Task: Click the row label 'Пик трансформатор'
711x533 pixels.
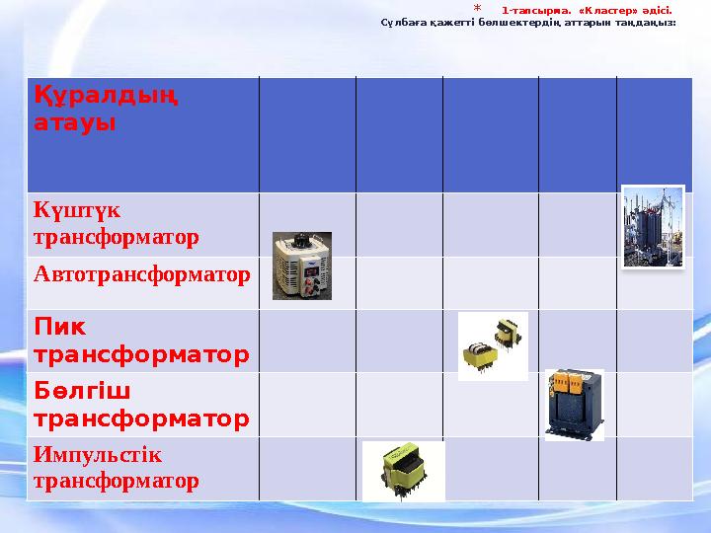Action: tap(140, 340)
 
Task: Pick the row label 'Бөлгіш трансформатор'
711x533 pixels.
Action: tap(140, 405)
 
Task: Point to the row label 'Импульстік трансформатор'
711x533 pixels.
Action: tap(115, 468)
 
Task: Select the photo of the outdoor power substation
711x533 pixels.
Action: tap(652, 227)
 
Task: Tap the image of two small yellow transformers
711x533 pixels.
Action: tap(493, 345)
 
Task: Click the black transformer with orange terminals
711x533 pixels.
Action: tap(574, 405)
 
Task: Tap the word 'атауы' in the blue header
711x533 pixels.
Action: tap(74, 123)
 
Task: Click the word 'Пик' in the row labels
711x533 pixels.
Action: tap(59, 327)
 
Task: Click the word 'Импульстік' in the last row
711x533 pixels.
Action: tap(97, 456)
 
